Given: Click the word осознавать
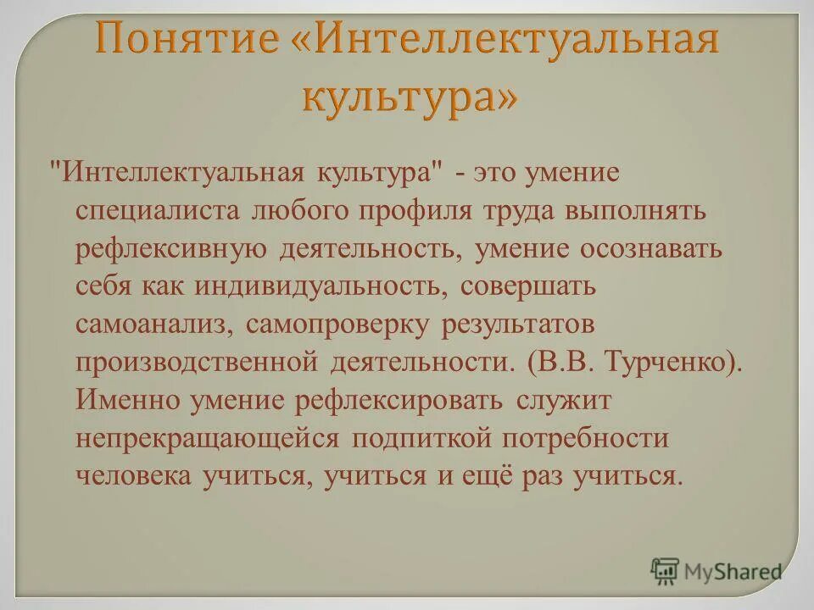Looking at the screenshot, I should (651, 249).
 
